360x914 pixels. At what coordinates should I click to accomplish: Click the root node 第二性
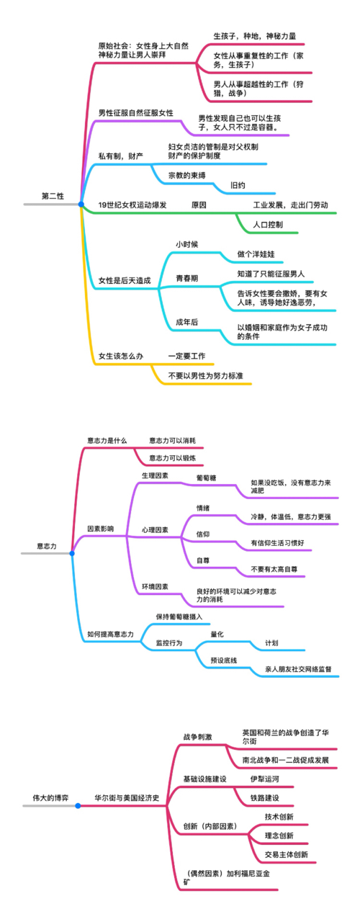53,196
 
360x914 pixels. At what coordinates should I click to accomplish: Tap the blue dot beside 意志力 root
72,553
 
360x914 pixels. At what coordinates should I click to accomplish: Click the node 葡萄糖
207,477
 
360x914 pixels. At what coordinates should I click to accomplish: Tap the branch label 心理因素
155,529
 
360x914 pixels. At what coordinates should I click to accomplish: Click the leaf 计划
271,642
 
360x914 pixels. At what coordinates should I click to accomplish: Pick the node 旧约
238,186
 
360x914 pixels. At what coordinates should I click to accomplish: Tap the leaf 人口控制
268,225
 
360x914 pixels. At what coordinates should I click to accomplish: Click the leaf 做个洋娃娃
256,254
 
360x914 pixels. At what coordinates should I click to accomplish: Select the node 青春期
187,277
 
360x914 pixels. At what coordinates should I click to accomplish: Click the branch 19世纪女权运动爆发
132,205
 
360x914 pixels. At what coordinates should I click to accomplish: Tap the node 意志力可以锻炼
171,457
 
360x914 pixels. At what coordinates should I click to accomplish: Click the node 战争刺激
198,737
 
